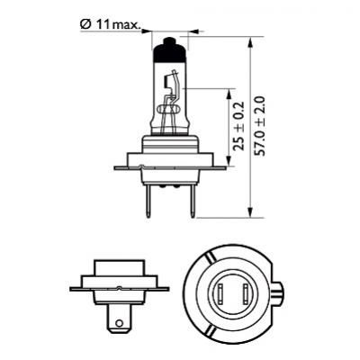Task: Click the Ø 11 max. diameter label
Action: tap(109, 25)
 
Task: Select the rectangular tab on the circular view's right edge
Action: tap(283, 293)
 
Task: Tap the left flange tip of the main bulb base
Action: tap(117, 167)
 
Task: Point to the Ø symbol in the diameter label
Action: tap(85, 25)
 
